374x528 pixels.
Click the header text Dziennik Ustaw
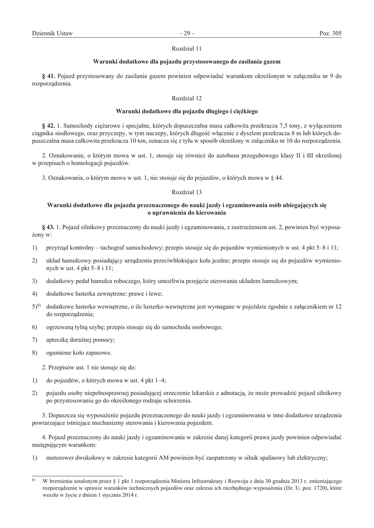(x=52, y=34)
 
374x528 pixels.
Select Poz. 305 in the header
(x=330, y=34)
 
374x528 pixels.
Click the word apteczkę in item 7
(x=60, y=340)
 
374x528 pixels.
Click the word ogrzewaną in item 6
(x=62, y=327)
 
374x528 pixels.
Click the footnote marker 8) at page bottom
(x=34, y=480)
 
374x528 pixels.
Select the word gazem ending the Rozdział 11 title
(x=269, y=61)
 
